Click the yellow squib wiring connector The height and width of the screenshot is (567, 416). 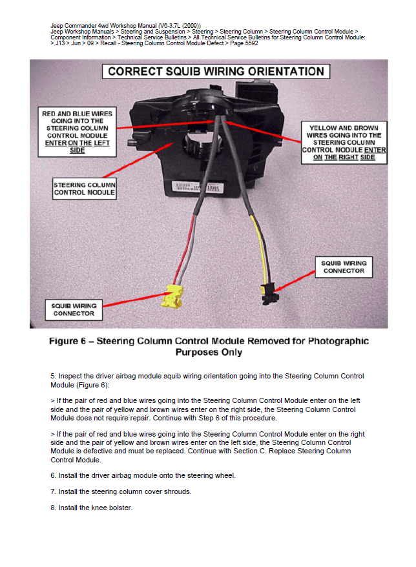tap(172, 296)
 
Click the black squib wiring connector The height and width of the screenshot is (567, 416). tap(269, 293)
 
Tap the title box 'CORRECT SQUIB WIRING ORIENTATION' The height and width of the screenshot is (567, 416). tap(216, 71)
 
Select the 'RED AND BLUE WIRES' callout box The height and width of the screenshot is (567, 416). tap(77, 132)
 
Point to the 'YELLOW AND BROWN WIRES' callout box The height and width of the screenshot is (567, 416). tap(344, 143)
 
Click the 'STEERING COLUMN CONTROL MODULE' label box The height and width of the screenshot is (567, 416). tap(84, 189)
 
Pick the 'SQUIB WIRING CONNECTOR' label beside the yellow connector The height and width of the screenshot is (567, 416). tap(74, 310)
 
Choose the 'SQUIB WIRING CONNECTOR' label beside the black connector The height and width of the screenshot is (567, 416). tap(344, 267)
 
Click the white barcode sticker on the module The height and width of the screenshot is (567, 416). tap(197, 187)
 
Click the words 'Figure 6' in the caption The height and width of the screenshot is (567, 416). tap(68, 341)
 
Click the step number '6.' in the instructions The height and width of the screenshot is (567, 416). tap(54, 475)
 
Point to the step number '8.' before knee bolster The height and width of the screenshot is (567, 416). tap(54, 508)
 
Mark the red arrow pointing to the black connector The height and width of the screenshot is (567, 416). tap(294, 282)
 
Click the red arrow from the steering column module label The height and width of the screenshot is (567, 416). tap(138, 160)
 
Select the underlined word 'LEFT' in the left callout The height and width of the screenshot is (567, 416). tap(101, 143)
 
